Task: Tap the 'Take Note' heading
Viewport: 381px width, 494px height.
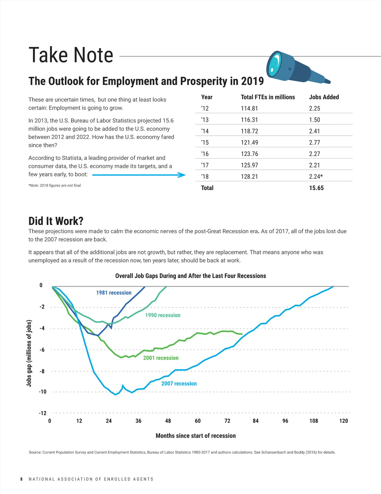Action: (x=71, y=55)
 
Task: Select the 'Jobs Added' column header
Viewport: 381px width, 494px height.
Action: (x=324, y=97)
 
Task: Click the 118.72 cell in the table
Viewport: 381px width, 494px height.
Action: (x=249, y=131)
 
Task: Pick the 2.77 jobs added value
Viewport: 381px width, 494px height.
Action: (x=314, y=143)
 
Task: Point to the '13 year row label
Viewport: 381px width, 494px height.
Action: (x=205, y=120)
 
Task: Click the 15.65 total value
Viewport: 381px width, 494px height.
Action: (x=316, y=188)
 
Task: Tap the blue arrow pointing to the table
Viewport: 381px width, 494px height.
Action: (x=139, y=175)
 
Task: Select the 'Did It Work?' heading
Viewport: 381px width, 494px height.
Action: (x=56, y=221)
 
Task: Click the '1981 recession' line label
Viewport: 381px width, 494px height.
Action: (x=114, y=293)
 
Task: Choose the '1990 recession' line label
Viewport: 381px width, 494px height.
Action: (x=163, y=315)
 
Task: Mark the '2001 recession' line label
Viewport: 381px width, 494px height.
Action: (x=161, y=358)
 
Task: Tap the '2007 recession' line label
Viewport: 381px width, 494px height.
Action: (x=179, y=384)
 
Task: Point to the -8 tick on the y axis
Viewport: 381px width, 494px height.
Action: (x=42, y=371)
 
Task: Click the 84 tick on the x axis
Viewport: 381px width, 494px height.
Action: (x=256, y=421)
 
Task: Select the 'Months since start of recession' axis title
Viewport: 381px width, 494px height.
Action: (x=196, y=436)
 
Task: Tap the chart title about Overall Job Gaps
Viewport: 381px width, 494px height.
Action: (x=190, y=276)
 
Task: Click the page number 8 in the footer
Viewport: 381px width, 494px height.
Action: (x=22, y=479)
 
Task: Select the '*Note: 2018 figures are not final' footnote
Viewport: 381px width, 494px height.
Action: (x=55, y=185)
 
